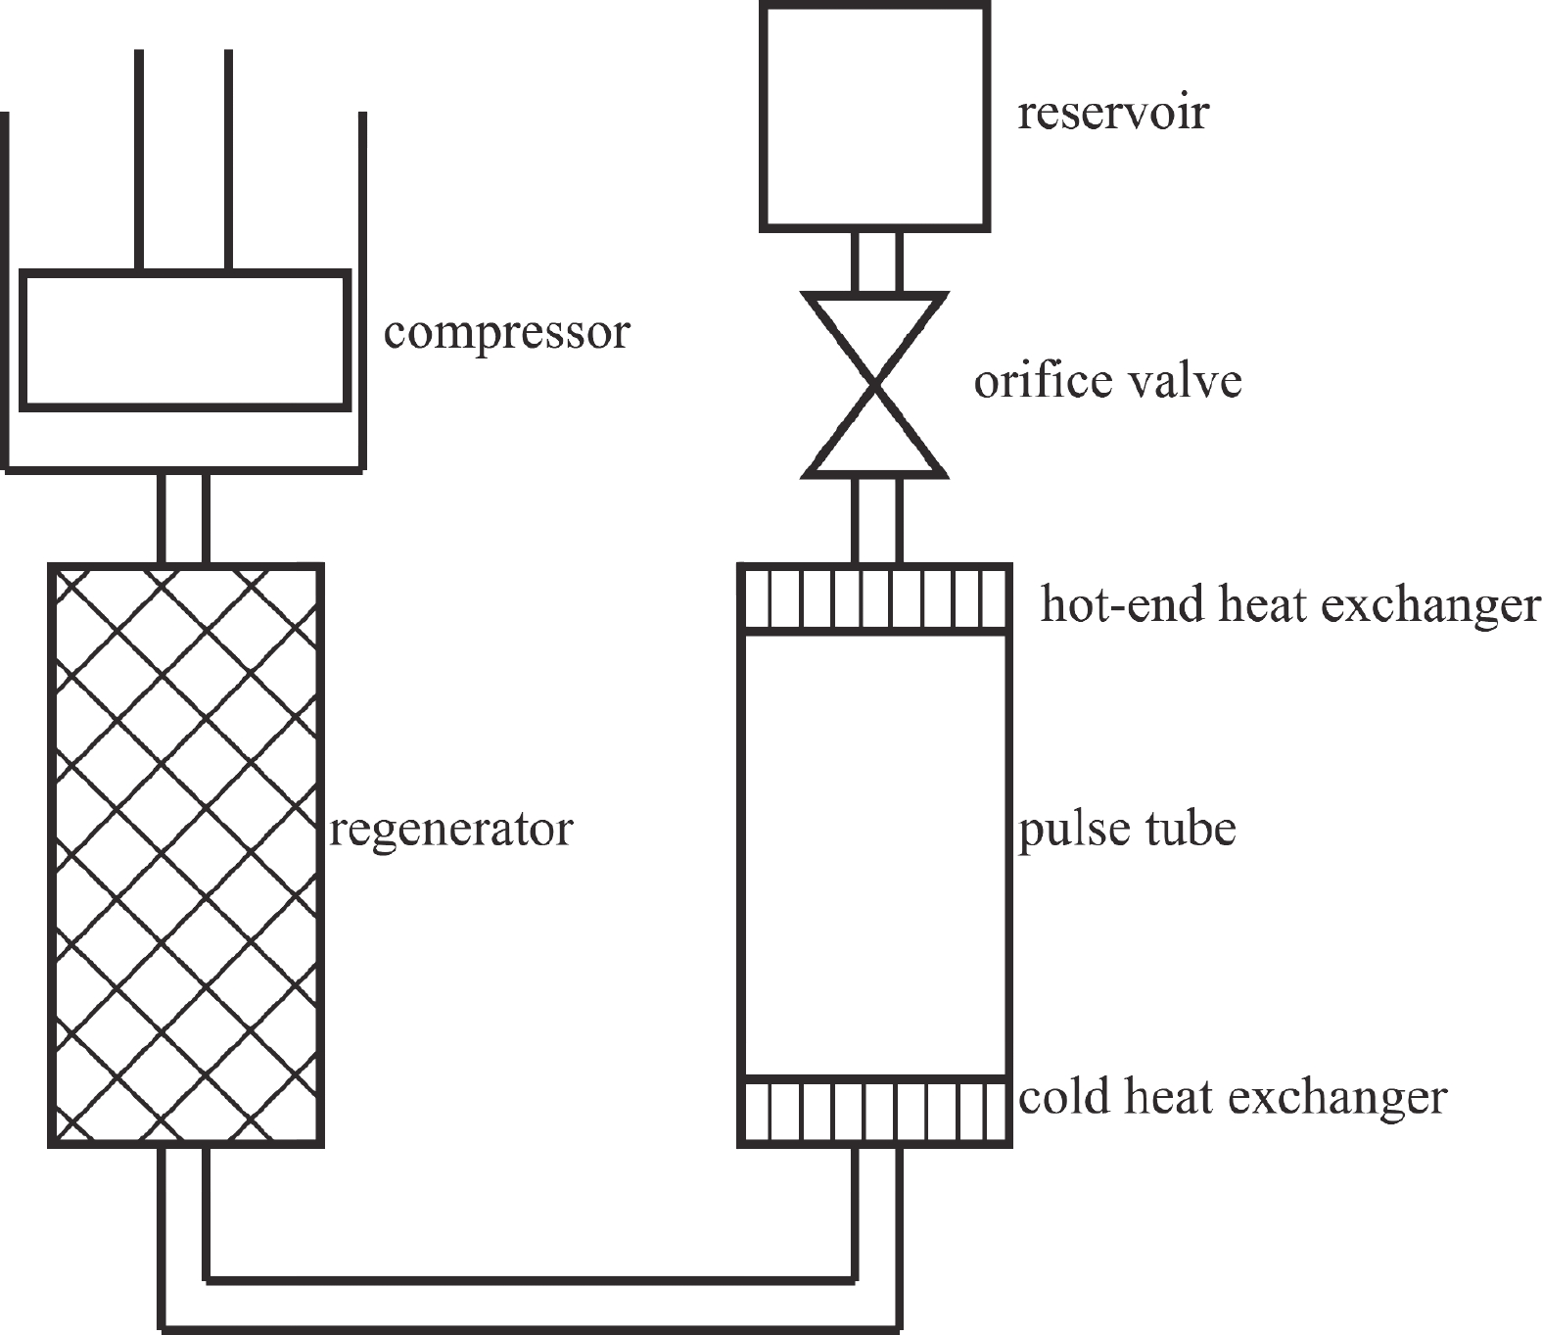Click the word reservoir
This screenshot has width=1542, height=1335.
pos(1113,113)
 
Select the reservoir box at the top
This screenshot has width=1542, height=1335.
pos(874,118)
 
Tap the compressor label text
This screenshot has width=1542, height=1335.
pos(506,332)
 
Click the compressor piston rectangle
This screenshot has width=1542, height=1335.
pos(185,339)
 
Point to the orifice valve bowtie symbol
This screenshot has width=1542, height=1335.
pos(874,385)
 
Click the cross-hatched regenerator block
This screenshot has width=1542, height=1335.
pos(185,854)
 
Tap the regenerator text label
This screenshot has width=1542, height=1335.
pos(450,831)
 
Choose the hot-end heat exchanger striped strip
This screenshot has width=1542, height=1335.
pos(873,599)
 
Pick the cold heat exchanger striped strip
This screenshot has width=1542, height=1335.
pos(873,1110)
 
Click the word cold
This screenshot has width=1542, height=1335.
pos(1064,1096)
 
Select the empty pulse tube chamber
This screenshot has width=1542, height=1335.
pos(873,854)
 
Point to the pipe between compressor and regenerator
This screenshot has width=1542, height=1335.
pos(184,518)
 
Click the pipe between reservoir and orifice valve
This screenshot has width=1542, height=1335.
pos(875,262)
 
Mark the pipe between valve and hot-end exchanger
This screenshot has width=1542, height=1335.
pos(875,520)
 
